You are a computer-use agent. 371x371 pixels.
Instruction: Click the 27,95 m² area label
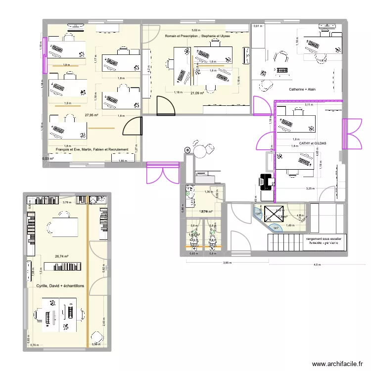pyautogui.click(x=92, y=115)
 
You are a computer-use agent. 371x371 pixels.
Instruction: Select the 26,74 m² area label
pyautogui.click(x=62, y=256)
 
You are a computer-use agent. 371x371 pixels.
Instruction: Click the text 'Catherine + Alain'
pyautogui.click(x=302, y=90)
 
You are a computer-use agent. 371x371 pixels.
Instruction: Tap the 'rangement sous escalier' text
pyautogui.click(x=326, y=238)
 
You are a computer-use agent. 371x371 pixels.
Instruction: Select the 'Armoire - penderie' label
pyautogui.click(x=324, y=243)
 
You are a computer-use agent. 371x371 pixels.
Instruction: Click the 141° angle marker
pyautogui.click(x=275, y=228)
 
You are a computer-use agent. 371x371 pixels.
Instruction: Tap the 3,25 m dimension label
pyautogui.click(x=310, y=188)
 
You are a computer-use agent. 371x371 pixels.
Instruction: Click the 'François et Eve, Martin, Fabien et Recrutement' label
pyautogui.click(x=92, y=149)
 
